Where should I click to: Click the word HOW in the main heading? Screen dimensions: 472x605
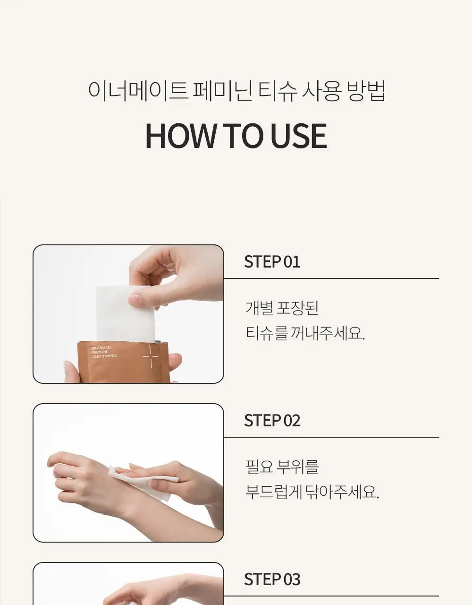pos(181,136)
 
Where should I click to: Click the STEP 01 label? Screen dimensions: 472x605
pos(272,261)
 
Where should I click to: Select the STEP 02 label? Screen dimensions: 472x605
pos(272,420)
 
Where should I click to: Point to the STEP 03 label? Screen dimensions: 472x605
pos(272,579)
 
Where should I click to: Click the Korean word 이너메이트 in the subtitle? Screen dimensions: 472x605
pos(137,91)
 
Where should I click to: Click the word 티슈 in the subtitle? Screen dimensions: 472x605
pos(278,91)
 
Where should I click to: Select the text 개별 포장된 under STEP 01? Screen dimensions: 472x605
pos(282,308)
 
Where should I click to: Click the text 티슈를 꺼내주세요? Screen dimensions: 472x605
pos(305,333)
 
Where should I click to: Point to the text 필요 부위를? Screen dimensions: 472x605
pos(282,467)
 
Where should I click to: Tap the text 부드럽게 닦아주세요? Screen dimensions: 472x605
pos(312,492)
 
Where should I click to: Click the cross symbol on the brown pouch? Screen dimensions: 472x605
pos(150,356)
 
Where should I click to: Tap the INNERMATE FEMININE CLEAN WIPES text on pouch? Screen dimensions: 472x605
pos(104,352)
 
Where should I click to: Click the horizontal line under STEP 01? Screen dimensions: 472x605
pos(331,278)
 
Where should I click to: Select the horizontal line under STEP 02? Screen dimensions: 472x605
pos(331,437)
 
